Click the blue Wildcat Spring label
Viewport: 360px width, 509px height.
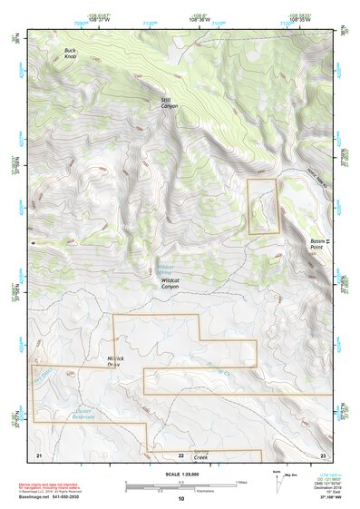[x=165, y=269]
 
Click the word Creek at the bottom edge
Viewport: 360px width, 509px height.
[x=201, y=459]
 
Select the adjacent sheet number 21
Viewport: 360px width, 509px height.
[x=39, y=454]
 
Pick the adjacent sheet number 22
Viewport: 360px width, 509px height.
[x=180, y=454]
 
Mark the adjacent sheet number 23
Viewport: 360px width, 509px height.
[x=322, y=454]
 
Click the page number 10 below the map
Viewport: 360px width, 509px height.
[x=180, y=498]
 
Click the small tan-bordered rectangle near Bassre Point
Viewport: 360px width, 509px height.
[x=263, y=206]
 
